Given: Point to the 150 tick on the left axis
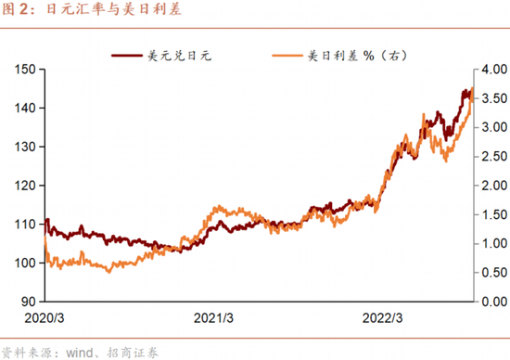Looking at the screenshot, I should pos(25,70).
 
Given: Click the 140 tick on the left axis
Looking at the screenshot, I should pos(25,109).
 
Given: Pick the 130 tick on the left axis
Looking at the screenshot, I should pos(25,147).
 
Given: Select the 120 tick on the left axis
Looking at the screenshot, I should pos(25,186).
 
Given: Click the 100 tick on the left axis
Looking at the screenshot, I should pos(25,263).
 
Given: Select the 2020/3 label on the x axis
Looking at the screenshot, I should pos(49,317).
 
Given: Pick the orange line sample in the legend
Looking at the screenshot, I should pos(289,57).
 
